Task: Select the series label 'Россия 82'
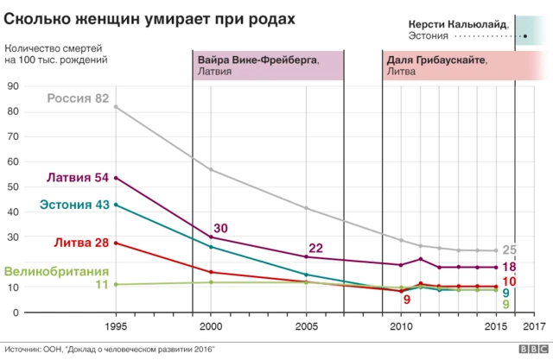point(78,99)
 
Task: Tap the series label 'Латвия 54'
point(77,178)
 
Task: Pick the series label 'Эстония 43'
point(73,205)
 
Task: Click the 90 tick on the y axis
point(13,86)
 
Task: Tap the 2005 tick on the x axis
point(306,326)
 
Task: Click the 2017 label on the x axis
point(535,326)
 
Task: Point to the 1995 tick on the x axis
point(116,326)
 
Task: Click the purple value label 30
point(220,228)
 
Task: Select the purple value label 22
point(315,249)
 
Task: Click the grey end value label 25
point(510,250)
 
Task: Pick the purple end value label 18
point(509,267)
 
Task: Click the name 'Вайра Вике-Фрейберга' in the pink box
point(257,60)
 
